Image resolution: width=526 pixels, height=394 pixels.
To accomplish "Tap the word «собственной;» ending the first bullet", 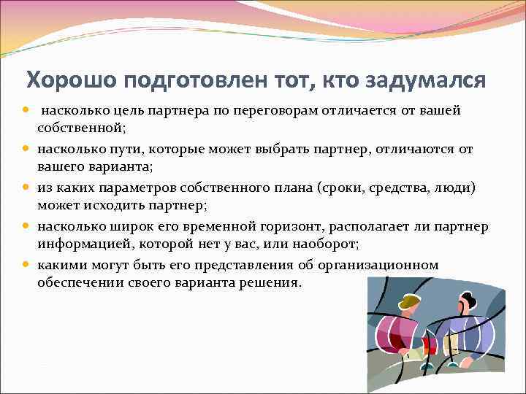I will click(x=83, y=128).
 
